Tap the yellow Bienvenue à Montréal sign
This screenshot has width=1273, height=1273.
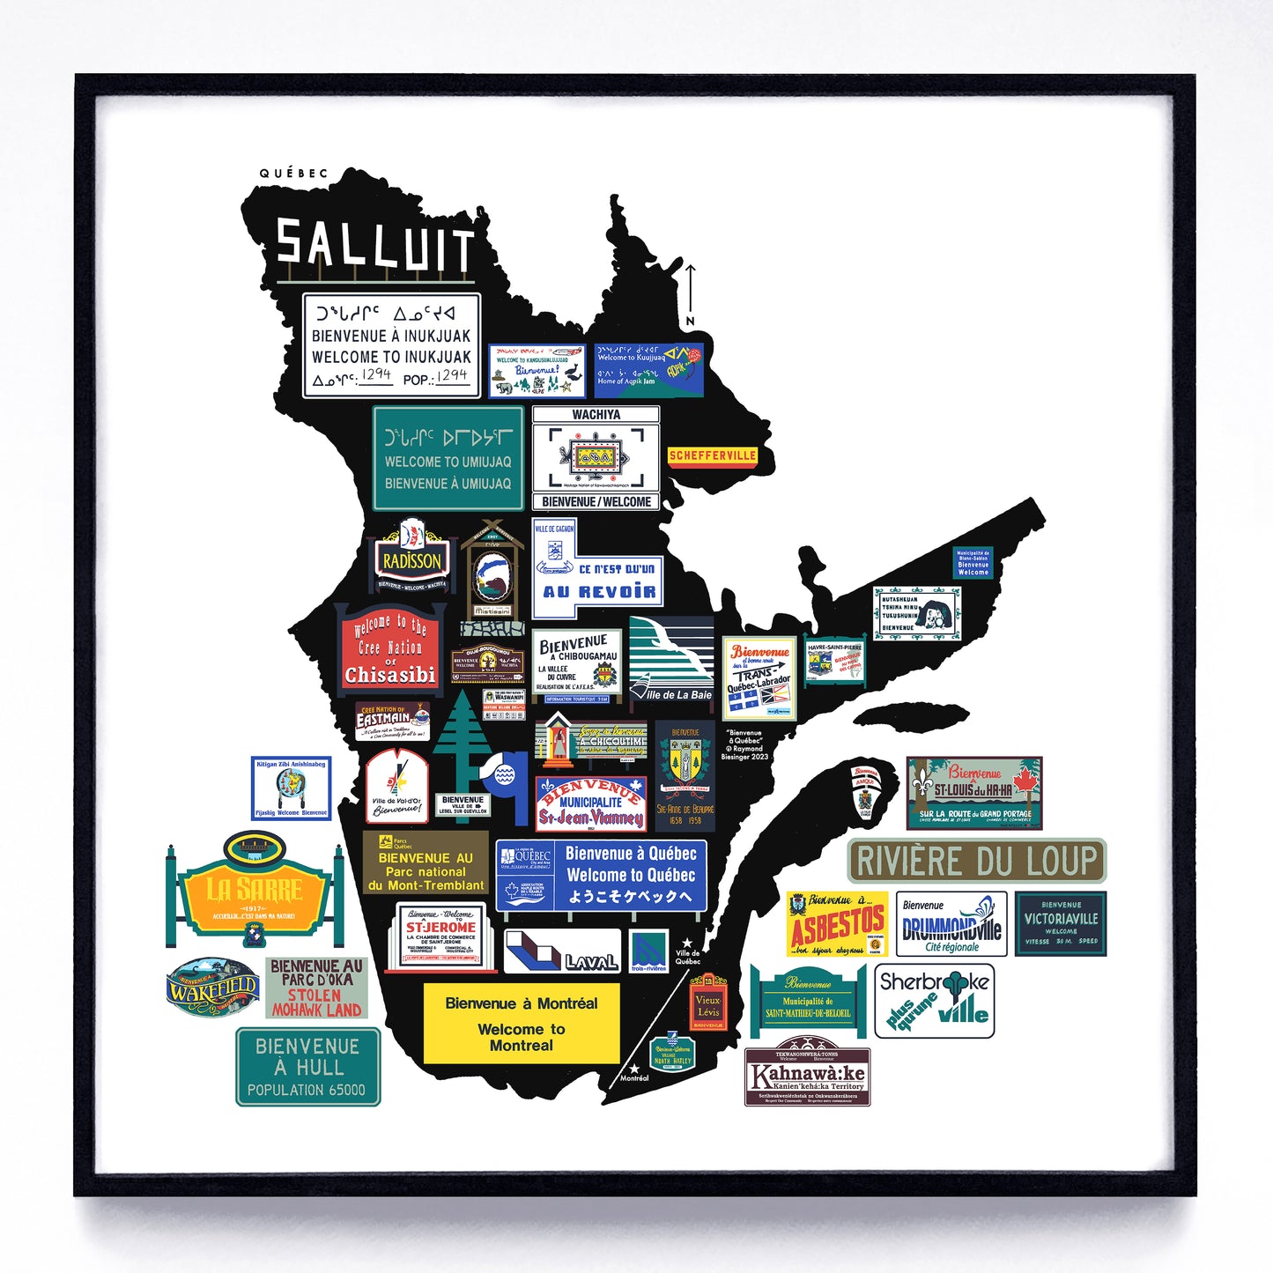[522, 1023]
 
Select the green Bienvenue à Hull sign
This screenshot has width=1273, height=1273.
[307, 1067]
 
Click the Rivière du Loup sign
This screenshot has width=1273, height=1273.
[976, 861]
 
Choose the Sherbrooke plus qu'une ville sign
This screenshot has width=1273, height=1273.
[935, 1001]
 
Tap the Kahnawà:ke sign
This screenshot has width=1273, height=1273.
[807, 1077]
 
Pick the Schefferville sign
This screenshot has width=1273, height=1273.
[712, 455]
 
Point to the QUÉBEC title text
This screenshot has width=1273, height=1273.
[293, 174]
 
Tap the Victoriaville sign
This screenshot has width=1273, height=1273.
[1061, 923]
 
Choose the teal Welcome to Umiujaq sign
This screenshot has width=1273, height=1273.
[448, 459]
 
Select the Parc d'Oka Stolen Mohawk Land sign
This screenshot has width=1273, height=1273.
[316, 988]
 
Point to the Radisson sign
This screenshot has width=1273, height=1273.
[411, 557]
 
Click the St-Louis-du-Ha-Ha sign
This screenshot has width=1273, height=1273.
[974, 792]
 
